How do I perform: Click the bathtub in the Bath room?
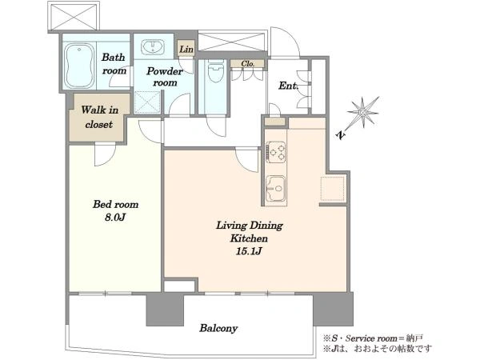pyautogui.click(x=79, y=66)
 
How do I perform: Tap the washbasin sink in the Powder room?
pyautogui.click(x=153, y=47)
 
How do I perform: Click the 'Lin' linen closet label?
pyautogui.click(x=186, y=49)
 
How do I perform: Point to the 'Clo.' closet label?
pyautogui.click(x=247, y=64)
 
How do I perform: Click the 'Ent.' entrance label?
pyautogui.click(x=288, y=86)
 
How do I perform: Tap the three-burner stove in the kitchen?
pyautogui.click(x=275, y=152)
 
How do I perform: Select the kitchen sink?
pyautogui.click(x=275, y=188)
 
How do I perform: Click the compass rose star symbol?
pyautogui.click(x=363, y=112)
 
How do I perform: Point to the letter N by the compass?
pyautogui.click(x=341, y=134)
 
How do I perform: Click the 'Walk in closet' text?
pyautogui.click(x=99, y=117)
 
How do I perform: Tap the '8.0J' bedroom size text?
pyautogui.click(x=114, y=218)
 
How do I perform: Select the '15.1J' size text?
pyautogui.click(x=249, y=251)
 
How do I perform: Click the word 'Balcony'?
pyautogui.click(x=218, y=328)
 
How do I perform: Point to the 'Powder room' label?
pyautogui.click(x=164, y=77)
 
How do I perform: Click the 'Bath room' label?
pyautogui.click(x=114, y=64)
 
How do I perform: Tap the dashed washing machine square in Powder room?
pyautogui.click(x=147, y=102)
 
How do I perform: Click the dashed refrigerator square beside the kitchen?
pyautogui.click(x=333, y=189)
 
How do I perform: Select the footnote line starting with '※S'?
pyautogui.click(x=373, y=338)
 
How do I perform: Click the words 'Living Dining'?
pyautogui.click(x=249, y=226)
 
